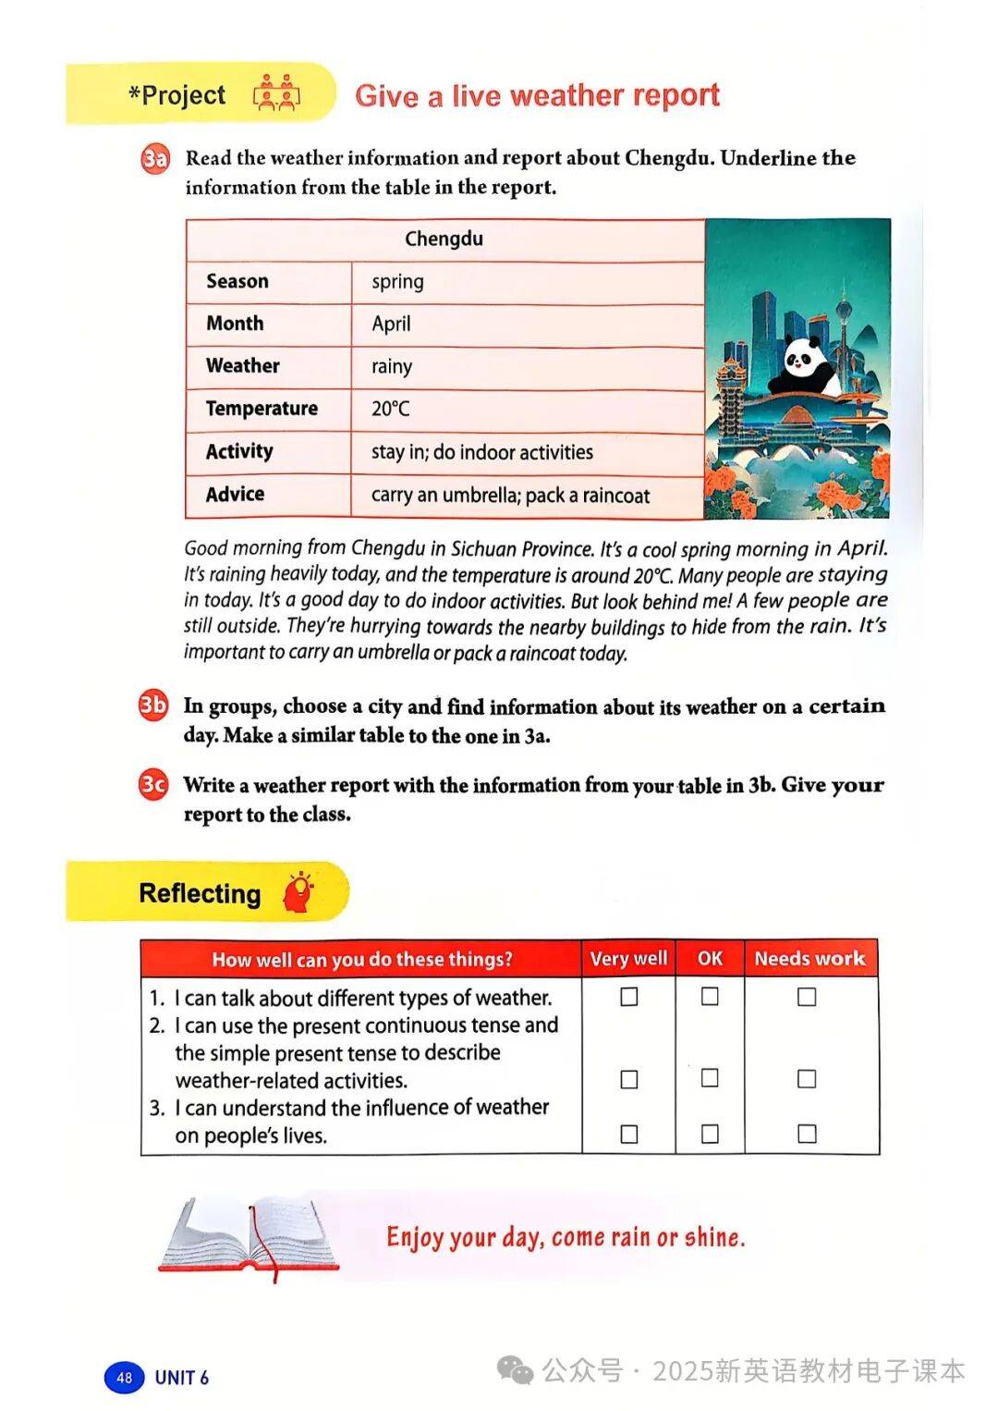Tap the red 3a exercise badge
(155, 158)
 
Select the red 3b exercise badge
(153, 705)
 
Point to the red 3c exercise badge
(153, 785)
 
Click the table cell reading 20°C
(391, 409)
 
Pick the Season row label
(237, 281)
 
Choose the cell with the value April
(392, 324)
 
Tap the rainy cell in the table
(392, 366)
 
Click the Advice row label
(236, 495)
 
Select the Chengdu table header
(444, 239)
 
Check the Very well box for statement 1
(629, 997)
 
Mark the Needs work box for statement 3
(807, 1134)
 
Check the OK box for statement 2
(710, 1078)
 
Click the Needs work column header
(809, 959)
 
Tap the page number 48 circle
(124, 1377)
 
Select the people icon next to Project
(276, 94)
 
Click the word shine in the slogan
(713, 1237)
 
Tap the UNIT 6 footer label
(182, 1378)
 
